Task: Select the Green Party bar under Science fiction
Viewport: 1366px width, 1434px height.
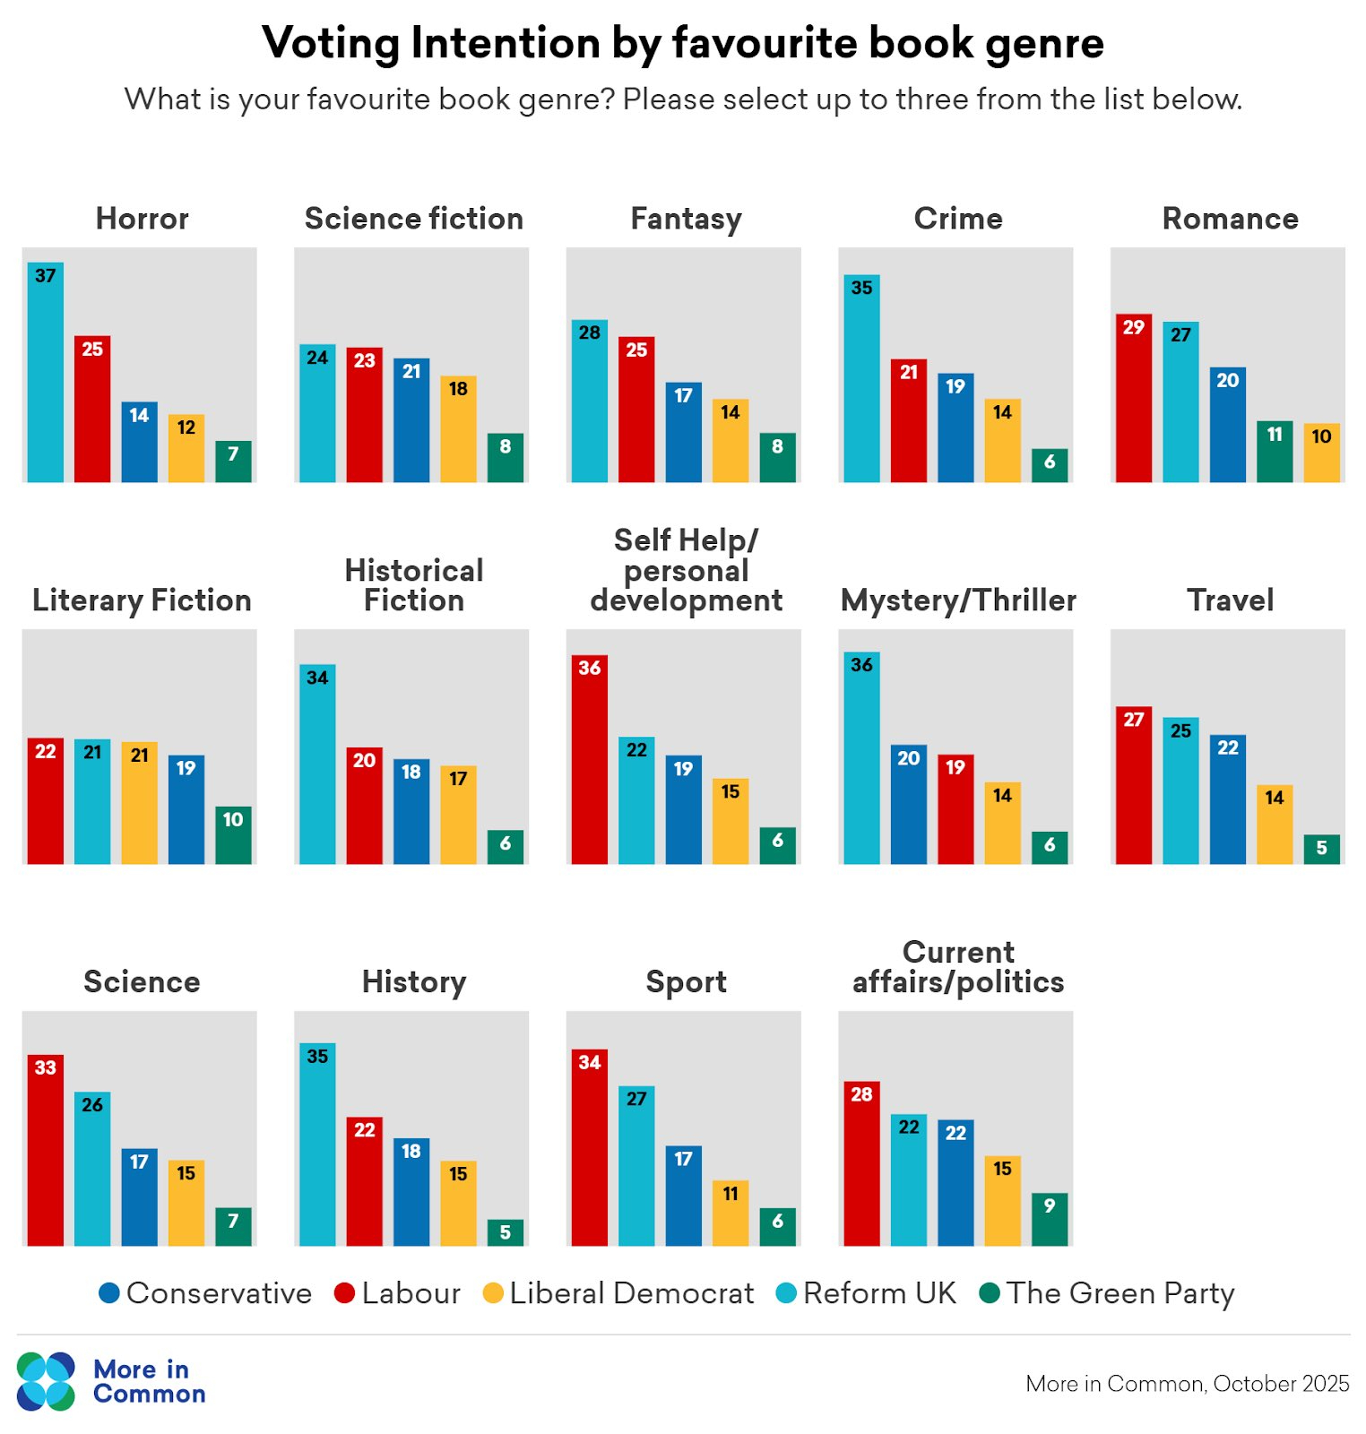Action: [x=506, y=458]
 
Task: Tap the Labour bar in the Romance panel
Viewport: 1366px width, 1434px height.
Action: [x=1134, y=398]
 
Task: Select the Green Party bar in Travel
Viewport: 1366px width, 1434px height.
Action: [x=1322, y=850]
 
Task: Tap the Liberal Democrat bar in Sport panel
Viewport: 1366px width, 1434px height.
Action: [x=731, y=1214]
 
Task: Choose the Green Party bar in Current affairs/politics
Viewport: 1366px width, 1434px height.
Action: [x=1050, y=1220]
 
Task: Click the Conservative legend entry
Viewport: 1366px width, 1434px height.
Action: [x=206, y=1293]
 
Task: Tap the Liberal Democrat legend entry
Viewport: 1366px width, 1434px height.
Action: [x=618, y=1293]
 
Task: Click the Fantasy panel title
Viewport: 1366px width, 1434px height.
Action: [x=686, y=219]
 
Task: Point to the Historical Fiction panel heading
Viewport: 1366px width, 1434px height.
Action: [x=414, y=585]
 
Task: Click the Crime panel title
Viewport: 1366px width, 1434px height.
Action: [x=958, y=219]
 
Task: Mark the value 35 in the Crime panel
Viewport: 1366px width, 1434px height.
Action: [x=861, y=288]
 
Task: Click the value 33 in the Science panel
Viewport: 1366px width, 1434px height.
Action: [x=46, y=1067]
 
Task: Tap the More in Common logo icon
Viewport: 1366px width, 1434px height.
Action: [x=46, y=1381]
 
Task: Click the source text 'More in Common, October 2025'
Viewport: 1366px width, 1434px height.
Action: [x=1187, y=1384]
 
